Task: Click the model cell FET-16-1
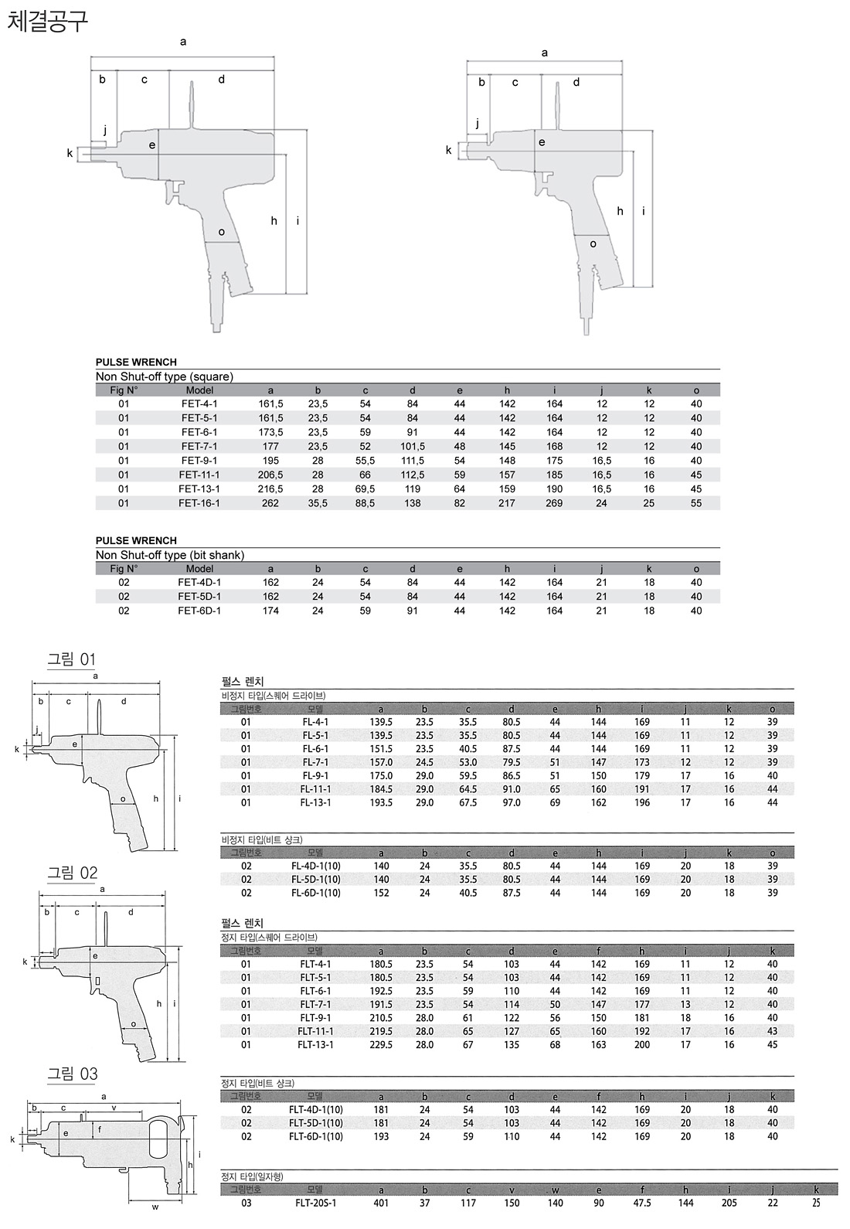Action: [x=199, y=503]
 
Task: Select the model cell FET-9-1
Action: [x=199, y=461]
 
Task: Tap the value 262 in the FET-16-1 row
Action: [x=270, y=503]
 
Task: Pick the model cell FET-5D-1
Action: [x=199, y=597]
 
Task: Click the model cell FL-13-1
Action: [x=315, y=803]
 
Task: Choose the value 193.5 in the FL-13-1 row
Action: [x=381, y=803]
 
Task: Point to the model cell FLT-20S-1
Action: [x=315, y=1203]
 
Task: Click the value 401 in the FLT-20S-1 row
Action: [x=381, y=1203]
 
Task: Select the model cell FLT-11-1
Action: [x=315, y=1031]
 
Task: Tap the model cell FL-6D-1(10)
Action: [x=315, y=893]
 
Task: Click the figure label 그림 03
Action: [x=73, y=1074]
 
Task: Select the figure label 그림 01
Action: [x=72, y=659]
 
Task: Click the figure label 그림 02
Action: [x=73, y=873]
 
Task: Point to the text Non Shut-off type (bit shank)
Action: [x=169, y=555]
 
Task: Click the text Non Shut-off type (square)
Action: [x=164, y=376]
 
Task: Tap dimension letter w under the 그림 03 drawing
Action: [x=155, y=1207]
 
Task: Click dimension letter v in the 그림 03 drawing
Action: [x=114, y=1108]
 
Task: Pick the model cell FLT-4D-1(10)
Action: [x=315, y=1110]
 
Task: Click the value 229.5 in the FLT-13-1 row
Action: [x=381, y=1045]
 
